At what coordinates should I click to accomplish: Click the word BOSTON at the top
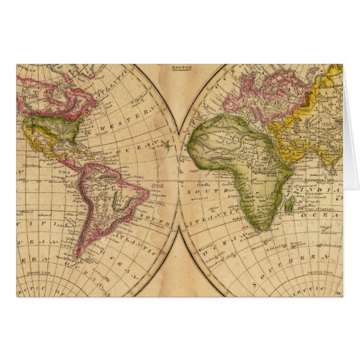click(180, 69)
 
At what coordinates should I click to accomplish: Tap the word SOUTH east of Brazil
click(150, 215)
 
